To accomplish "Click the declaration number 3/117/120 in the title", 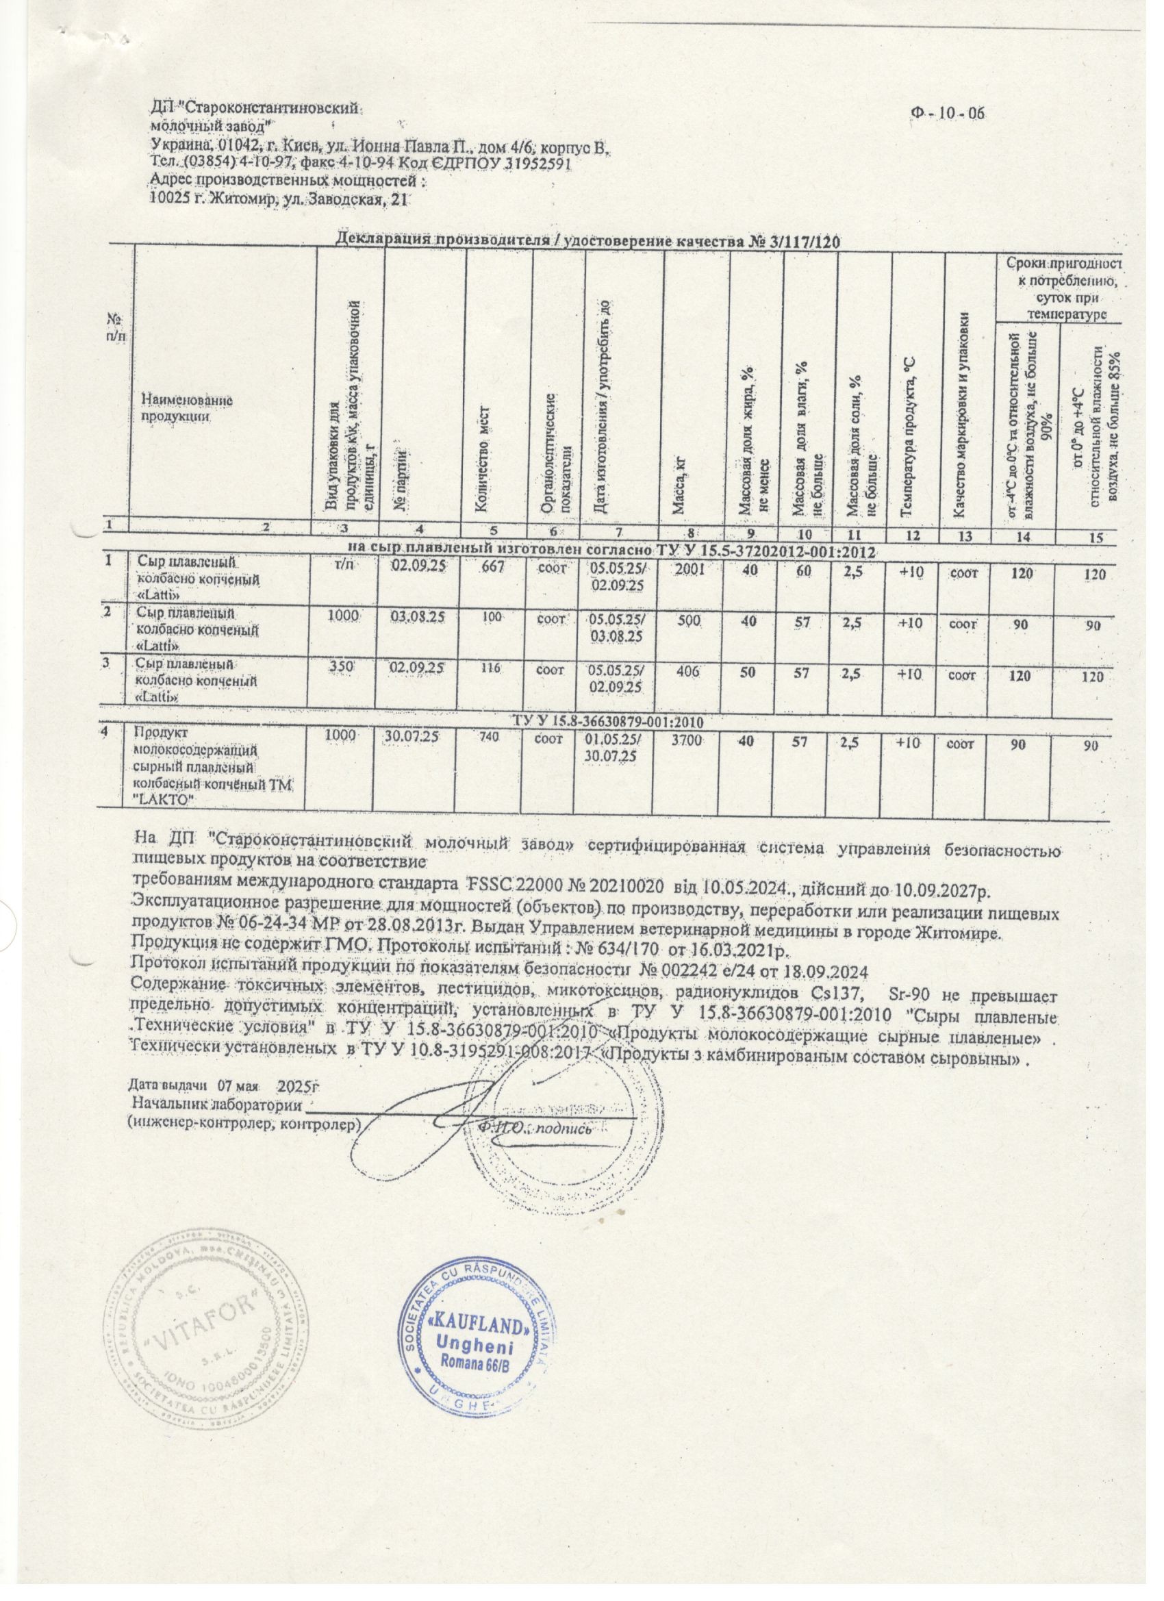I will pyautogui.click(x=800, y=242).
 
